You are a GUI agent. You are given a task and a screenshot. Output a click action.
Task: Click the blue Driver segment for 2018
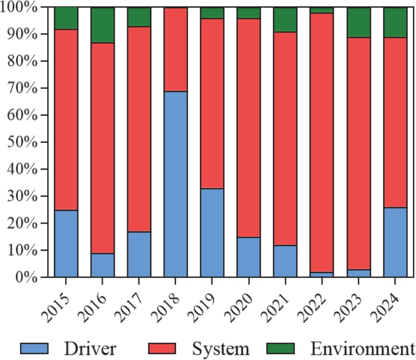[175, 184]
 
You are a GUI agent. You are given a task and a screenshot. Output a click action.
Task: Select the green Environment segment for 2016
[102, 25]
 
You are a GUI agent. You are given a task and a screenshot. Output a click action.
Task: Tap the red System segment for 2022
[322, 143]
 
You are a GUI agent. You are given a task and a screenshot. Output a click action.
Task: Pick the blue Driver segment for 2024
[395, 242]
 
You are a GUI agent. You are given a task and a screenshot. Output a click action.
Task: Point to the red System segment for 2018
[175, 49]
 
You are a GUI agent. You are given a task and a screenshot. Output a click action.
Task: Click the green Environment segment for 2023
[359, 22]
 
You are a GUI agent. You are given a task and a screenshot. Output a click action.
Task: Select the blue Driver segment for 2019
[212, 233]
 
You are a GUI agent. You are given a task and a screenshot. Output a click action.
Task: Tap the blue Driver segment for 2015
[66, 243]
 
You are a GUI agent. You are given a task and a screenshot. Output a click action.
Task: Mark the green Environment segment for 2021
[285, 20]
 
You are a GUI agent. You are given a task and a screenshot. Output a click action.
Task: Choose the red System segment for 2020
[249, 127]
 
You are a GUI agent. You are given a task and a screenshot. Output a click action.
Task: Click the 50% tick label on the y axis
[22, 143]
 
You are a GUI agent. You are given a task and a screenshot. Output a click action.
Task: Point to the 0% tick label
[27, 277]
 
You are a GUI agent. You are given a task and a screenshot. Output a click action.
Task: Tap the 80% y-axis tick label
[22, 61]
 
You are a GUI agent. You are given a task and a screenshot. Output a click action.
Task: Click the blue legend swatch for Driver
[34, 349]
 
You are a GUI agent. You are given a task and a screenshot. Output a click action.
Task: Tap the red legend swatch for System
[162, 349]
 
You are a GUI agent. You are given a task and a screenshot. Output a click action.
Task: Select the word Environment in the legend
[362, 349]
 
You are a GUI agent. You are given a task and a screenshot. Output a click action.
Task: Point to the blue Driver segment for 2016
[102, 265]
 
